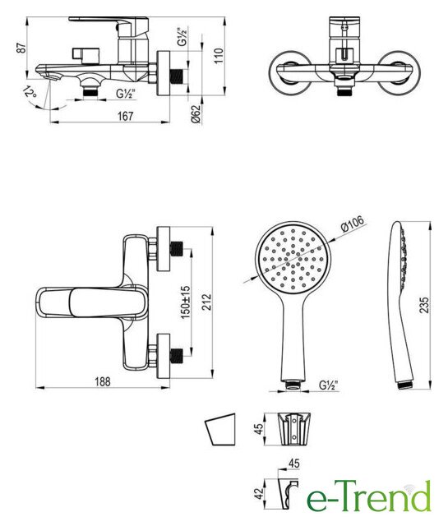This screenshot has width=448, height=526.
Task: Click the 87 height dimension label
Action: [21, 48]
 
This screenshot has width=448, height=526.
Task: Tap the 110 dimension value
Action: [219, 56]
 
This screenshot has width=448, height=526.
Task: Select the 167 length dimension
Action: [125, 116]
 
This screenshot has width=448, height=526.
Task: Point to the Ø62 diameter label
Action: [196, 115]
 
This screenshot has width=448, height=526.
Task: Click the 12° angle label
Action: [30, 91]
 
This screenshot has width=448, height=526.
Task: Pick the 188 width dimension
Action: [103, 381]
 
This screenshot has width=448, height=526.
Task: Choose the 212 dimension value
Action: [207, 302]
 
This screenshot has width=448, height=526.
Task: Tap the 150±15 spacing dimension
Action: [186, 302]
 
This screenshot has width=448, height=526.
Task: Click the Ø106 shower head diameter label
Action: [352, 224]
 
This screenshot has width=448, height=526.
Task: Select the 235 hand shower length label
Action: [424, 305]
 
